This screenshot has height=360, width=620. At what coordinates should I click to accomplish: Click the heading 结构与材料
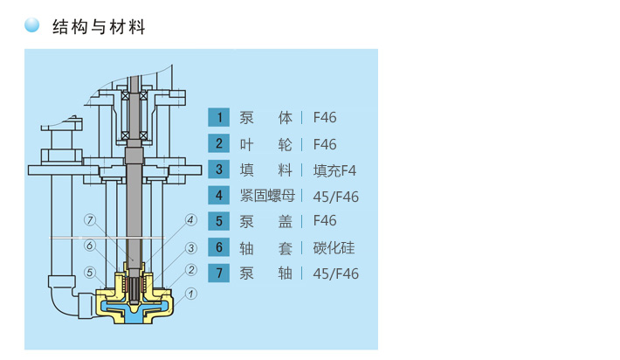(98, 27)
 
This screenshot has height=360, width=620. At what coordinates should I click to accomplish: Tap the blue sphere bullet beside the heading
(32, 26)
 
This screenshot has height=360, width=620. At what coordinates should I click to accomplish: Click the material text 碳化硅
(334, 247)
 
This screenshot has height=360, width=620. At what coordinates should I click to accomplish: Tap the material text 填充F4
(334, 170)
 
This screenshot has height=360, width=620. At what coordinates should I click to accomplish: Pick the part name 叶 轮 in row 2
(266, 144)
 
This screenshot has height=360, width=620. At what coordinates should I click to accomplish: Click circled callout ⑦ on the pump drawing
(89, 219)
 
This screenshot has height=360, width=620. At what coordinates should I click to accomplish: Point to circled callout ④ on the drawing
(191, 219)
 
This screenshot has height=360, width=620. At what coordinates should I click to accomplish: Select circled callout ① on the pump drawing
(191, 294)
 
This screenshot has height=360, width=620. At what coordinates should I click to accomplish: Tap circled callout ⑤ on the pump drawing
(89, 272)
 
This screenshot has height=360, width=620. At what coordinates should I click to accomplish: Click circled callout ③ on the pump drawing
(191, 248)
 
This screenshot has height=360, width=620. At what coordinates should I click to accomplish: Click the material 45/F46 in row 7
(335, 273)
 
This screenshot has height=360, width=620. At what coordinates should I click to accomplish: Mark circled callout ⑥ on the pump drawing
(89, 246)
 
